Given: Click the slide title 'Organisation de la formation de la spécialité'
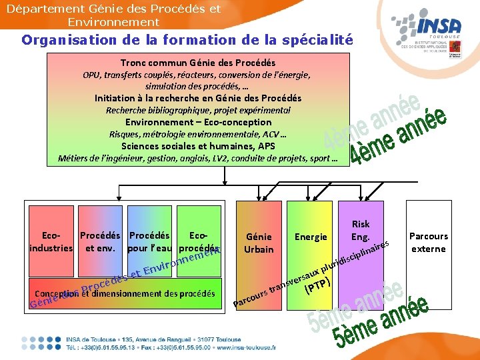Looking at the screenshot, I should (x=187, y=39).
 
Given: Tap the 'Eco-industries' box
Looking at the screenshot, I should (x=51, y=242).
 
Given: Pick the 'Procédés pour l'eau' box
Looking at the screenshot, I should (x=149, y=242).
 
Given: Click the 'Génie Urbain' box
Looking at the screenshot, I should (x=259, y=243).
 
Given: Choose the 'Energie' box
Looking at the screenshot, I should (x=311, y=237).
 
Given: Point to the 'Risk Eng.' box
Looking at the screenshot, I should (x=361, y=231).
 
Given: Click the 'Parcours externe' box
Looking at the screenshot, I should (x=429, y=243).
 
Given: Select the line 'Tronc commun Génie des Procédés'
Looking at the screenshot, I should (x=197, y=63).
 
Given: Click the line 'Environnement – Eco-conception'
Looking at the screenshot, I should (x=198, y=122).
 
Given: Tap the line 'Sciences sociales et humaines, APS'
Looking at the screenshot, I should (x=198, y=146).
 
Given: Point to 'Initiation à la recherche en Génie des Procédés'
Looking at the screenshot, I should (x=198, y=98).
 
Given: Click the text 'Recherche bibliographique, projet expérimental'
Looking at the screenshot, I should (x=198, y=110).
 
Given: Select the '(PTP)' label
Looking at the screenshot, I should (x=317, y=287).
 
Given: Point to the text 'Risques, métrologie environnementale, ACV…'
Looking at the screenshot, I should (x=198, y=134).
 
